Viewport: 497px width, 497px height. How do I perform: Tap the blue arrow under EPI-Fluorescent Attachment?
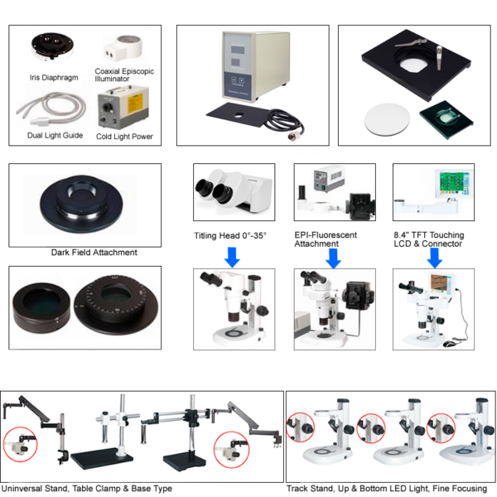pyautogui.click(x=334, y=257)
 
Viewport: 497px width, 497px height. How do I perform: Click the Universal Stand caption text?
pyautogui.click(x=87, y=489)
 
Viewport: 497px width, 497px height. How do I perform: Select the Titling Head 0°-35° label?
pyautogui.click(x=230, y=235)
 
